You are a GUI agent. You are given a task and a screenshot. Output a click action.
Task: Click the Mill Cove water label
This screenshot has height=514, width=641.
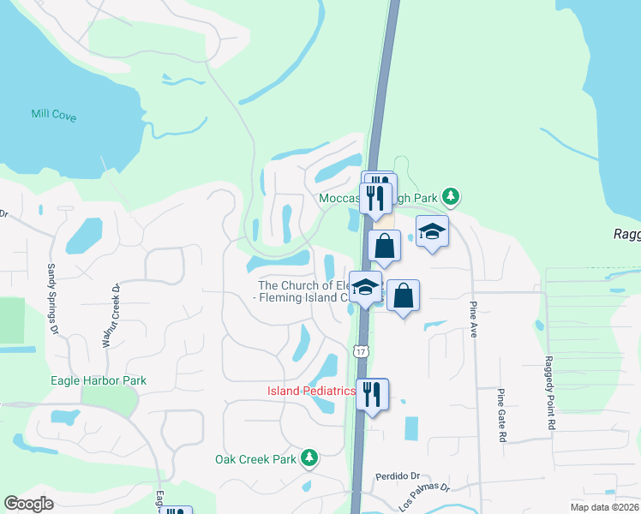click(54, 115)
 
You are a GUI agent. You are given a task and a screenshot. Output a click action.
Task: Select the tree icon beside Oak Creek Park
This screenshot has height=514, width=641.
click(309, 459)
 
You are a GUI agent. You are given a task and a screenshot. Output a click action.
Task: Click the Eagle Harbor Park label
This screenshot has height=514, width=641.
click(99, 380)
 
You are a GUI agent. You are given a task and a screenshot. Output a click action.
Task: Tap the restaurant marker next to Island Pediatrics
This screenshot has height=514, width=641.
click(372, 395)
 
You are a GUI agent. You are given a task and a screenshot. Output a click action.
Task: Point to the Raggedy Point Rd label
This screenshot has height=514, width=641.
click(551, 394)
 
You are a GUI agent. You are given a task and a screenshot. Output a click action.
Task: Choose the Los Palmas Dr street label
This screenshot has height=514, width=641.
click(423, 496)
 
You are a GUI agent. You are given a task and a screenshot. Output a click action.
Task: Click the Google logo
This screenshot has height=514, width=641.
click(28, 505)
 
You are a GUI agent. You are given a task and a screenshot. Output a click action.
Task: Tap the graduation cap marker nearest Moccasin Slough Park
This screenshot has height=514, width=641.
click(433, 231)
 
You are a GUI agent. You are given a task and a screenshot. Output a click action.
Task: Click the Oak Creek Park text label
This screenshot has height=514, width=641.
click(255, 459)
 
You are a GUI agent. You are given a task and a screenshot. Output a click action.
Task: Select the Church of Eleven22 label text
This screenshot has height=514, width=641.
click(305, 291)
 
